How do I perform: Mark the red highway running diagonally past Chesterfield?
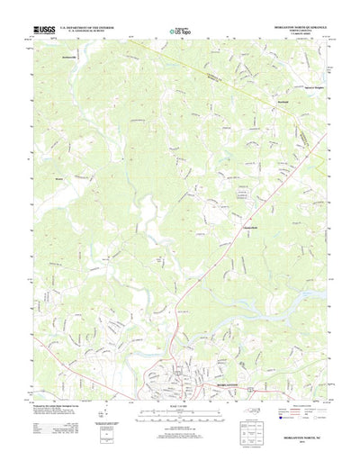tap(193, 270)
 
